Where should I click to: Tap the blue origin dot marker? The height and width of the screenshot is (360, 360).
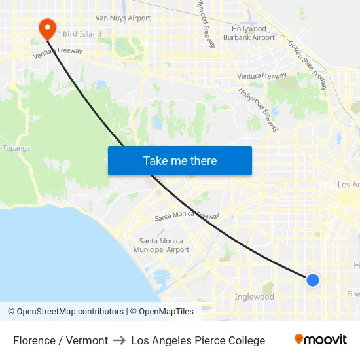pos(313,280)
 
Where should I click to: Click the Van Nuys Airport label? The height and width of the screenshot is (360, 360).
pos(122,18)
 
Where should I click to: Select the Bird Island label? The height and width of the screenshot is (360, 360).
pos(82,34)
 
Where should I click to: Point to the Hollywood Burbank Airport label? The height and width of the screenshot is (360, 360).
pos(249,33)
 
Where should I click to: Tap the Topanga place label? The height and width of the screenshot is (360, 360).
pos(16,148)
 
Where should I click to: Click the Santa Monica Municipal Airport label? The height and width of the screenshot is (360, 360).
pos(161,245)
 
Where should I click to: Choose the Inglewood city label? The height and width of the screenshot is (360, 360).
pos(254,297)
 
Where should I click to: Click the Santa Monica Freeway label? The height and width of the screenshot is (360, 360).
pos(187,217)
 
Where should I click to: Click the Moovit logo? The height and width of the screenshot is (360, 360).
pos(320,340)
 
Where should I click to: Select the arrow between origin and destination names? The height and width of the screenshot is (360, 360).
pos(119,340)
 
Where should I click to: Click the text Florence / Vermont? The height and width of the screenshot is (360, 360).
pos(60,340)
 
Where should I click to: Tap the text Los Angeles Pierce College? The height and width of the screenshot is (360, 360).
pos(198,340)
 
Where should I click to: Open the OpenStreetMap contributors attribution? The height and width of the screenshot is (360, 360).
pos(65,312)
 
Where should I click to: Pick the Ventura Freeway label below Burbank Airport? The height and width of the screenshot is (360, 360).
pos(262,76)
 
